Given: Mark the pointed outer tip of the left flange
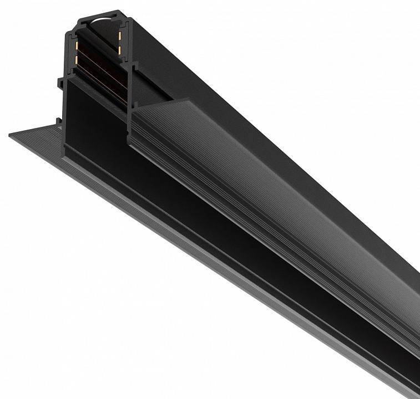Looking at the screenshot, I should point(11,135).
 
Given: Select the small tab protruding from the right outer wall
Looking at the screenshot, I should point(136,68).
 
